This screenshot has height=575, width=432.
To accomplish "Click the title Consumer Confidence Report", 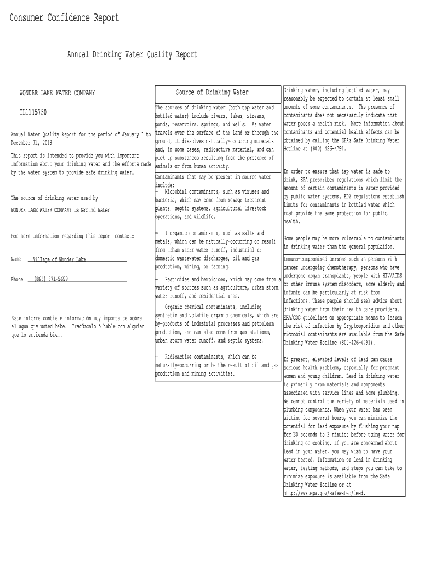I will point(64,18).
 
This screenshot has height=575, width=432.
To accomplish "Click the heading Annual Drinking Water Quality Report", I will point(132,54).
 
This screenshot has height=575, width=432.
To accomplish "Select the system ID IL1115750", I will point(33,112).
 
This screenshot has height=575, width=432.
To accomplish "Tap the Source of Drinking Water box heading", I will point(212,92).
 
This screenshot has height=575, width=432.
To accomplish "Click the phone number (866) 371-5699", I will point(51,279).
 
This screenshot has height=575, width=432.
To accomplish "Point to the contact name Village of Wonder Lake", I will point(59,259).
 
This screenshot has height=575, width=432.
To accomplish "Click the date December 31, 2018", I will point(31,143).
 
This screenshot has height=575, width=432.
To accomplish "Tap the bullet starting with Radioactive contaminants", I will point(210,357).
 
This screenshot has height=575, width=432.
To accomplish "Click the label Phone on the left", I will point(17,279).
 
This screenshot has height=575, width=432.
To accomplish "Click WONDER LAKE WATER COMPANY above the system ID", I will point(57,93).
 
